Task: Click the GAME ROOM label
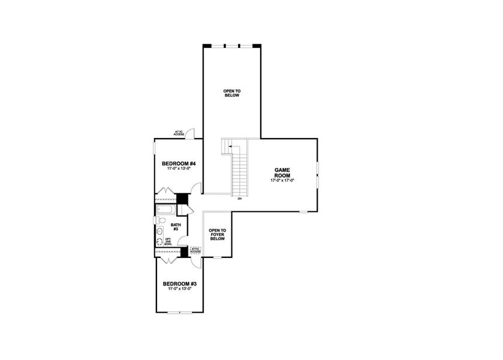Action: click(282, 173)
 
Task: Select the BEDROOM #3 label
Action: click(179, 283)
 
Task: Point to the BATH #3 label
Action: click(176, 227)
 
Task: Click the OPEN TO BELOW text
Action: click(232, 93)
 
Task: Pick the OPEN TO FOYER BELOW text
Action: click(217, 234)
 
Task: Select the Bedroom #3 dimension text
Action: click(179, 289)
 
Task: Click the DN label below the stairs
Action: click(239, 199)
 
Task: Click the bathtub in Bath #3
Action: click(165, 210)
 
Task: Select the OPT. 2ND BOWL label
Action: click(168, 242)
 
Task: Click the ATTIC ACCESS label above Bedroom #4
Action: click(179, 133)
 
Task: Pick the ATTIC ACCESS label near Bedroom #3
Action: click(195, 250)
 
